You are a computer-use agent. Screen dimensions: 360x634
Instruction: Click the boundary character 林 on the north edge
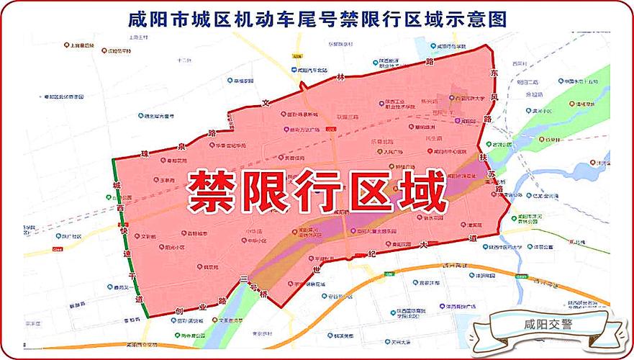343,76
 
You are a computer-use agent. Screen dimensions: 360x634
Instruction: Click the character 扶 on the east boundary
484,157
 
